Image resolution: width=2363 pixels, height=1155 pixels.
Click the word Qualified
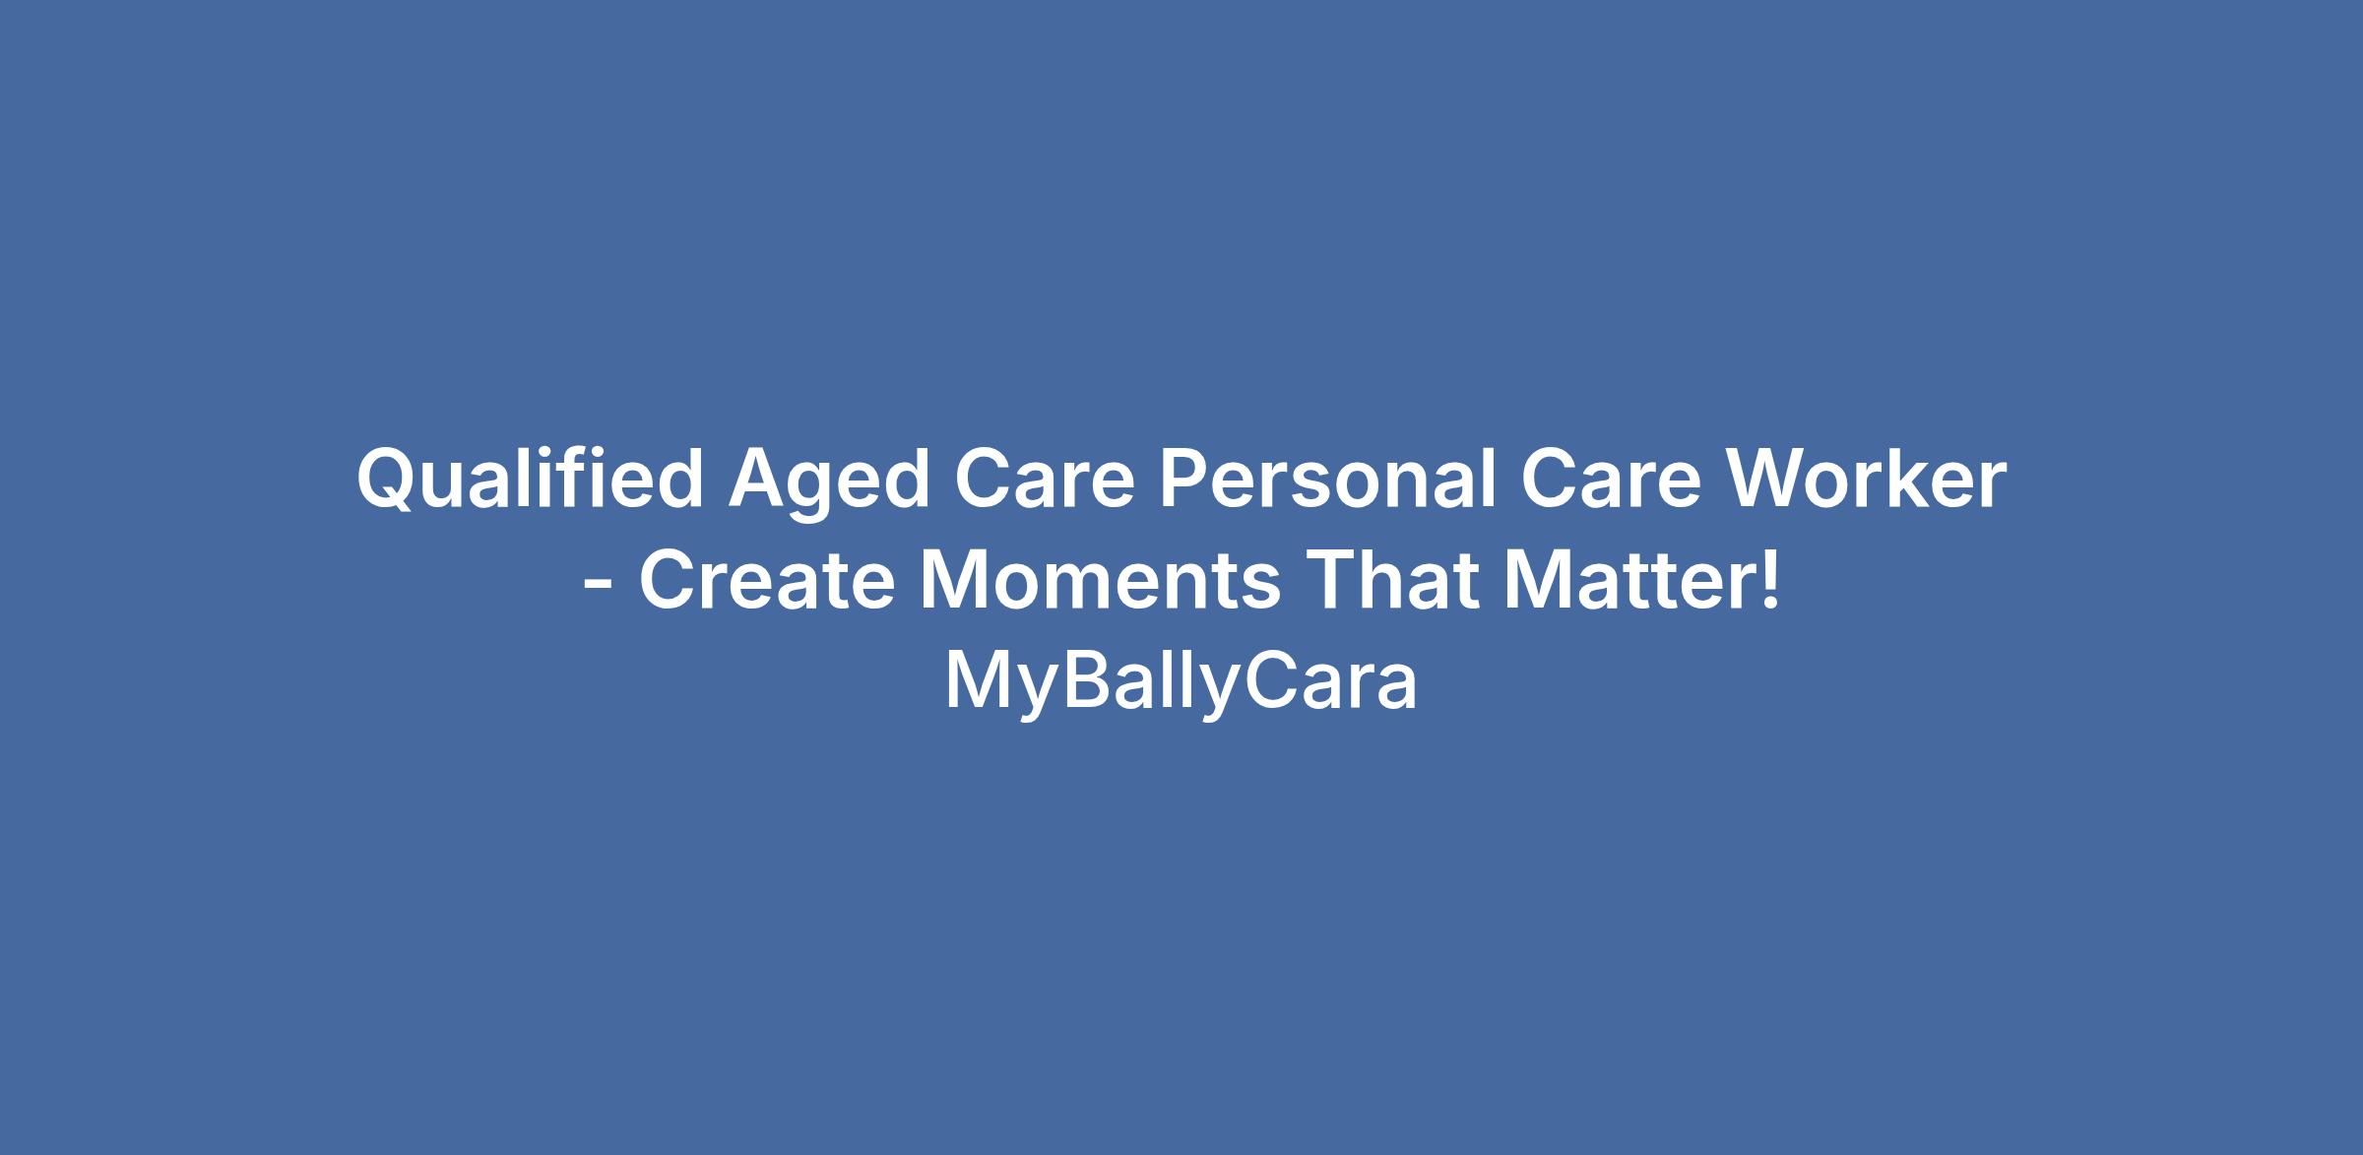[x=530, y=480]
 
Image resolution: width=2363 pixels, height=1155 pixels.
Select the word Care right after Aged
[x=1045, y=480]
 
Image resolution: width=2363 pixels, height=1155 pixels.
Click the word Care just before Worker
[x=1611, y=480]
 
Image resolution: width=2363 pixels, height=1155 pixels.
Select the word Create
[x=767, y=580]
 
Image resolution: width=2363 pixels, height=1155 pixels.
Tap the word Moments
[x=1100, y=580]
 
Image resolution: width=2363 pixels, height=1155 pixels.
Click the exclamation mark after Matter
[x=1771, y=580]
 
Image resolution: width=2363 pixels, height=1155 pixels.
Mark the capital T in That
[x=1328, y=580]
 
